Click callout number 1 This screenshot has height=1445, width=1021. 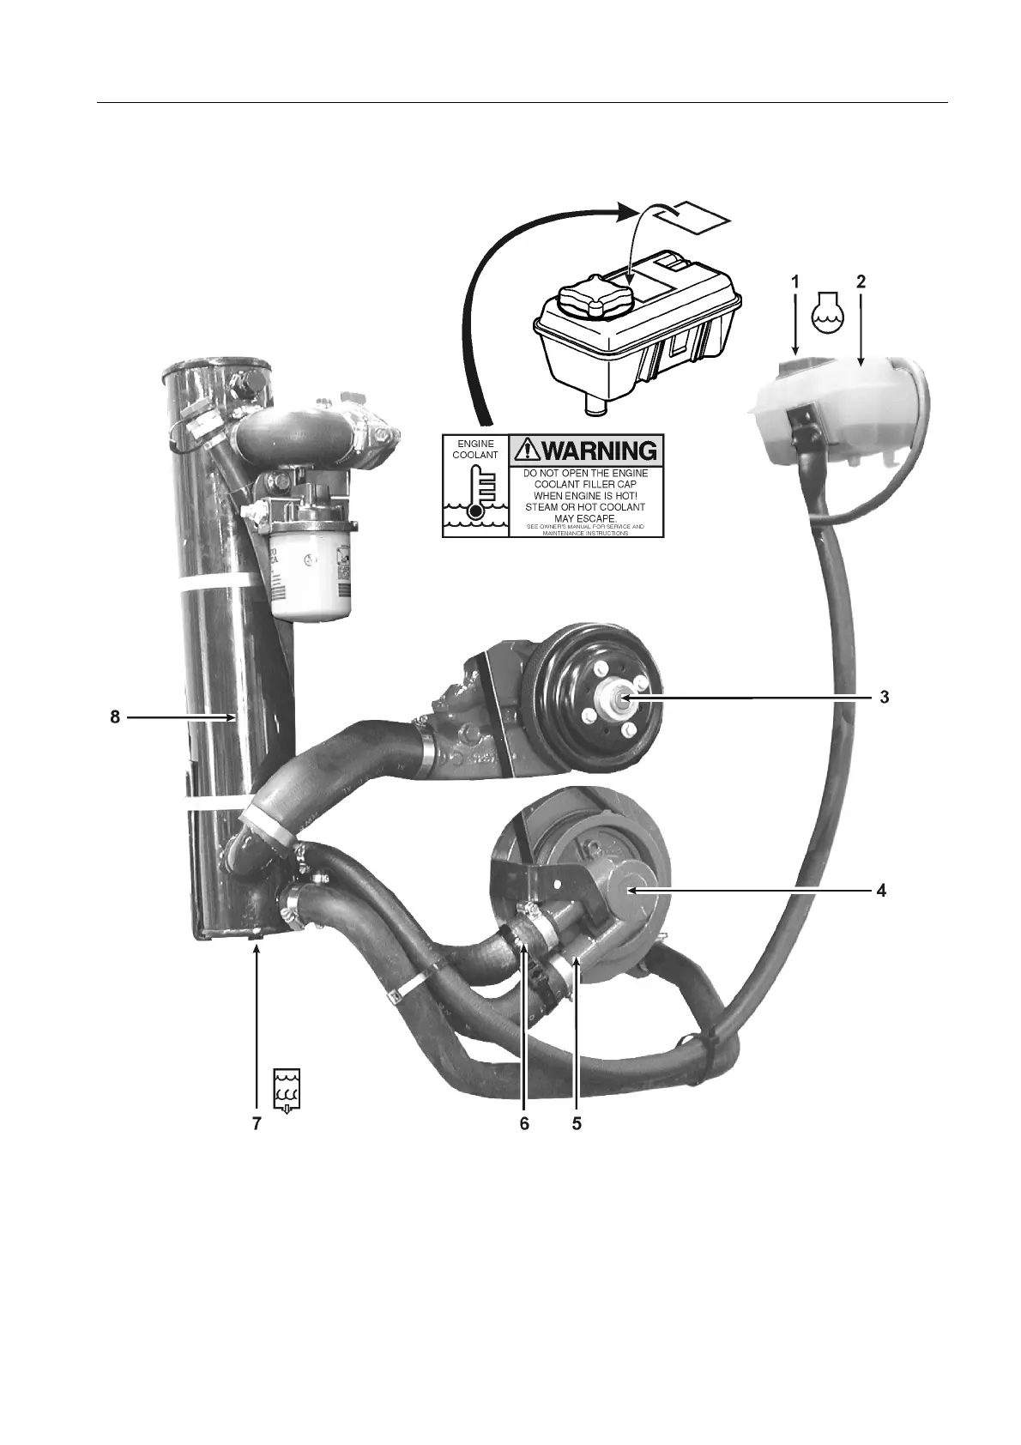pos(795,281)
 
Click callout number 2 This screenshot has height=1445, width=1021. pos(861,281)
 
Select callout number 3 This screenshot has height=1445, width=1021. pos(883,697)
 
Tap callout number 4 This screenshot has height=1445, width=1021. pos(881,891)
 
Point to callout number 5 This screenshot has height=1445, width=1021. pos(577,1123)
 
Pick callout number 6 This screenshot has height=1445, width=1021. pos(524,1123)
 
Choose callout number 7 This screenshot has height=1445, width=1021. pos(257,1123)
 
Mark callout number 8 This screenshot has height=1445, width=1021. pos(115,717)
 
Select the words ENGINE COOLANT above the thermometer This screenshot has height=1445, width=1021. pos(475,449)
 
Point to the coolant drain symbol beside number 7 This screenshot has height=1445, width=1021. pos(287,1090)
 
